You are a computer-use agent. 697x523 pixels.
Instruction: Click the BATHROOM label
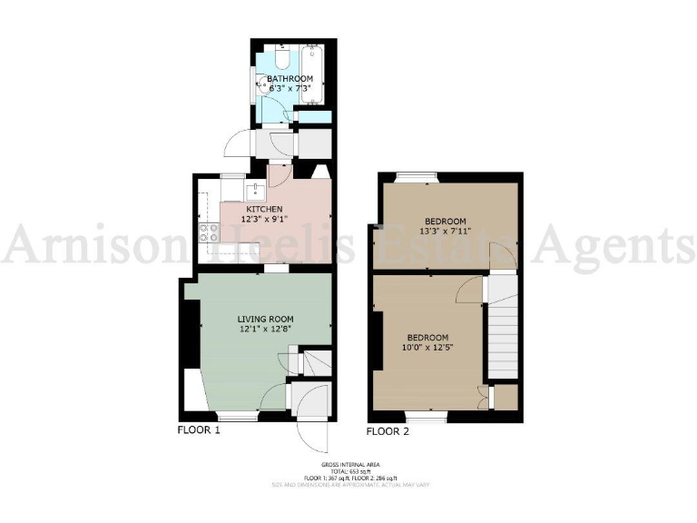click(290, 80)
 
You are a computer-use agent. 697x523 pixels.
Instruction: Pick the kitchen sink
click(257, 191)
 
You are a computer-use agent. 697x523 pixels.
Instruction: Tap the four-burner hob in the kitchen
click(208, 238)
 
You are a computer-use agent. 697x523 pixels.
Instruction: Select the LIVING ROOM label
click(262, 319)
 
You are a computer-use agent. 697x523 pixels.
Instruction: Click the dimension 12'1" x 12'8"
click(262, 331)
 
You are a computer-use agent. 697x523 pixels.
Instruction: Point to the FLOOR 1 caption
click(199, 430)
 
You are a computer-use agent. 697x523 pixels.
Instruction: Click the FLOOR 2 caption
click(388, 431)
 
